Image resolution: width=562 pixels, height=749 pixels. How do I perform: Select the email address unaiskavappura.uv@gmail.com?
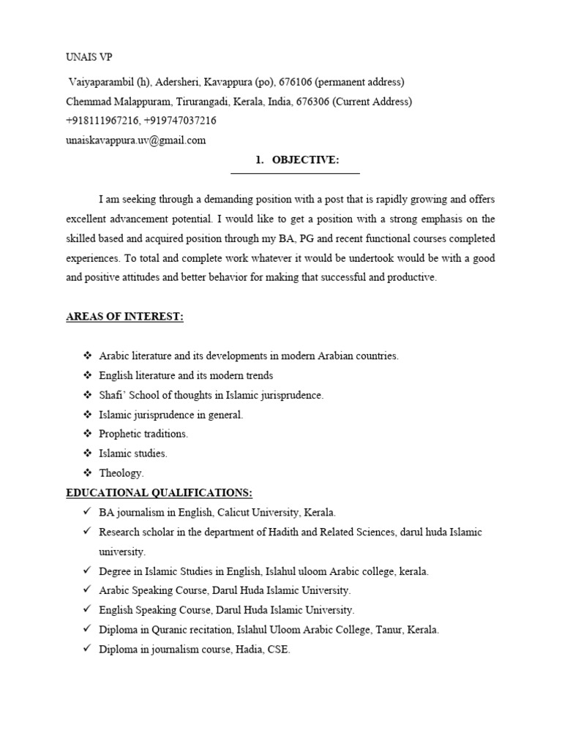[x=136, y=140]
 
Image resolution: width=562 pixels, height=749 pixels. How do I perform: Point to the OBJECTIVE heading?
[x=305, y=160]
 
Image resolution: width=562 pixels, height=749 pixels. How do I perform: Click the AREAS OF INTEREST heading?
[x=124, y=317]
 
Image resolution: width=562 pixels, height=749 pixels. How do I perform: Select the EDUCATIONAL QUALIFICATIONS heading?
[x=159, y=493]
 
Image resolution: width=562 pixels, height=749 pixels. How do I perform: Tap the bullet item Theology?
[x=121, y=473]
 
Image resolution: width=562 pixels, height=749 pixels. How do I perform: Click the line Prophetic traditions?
[x=143, y=434]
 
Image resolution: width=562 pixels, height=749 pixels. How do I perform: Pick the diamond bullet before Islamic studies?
[x=86, y=453]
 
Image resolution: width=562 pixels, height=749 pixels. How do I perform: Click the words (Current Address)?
[x=372, y=102]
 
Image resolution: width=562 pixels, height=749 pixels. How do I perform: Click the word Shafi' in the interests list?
[x=113, y=395]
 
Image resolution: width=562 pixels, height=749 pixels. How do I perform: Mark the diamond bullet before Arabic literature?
[x=86, y=355]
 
